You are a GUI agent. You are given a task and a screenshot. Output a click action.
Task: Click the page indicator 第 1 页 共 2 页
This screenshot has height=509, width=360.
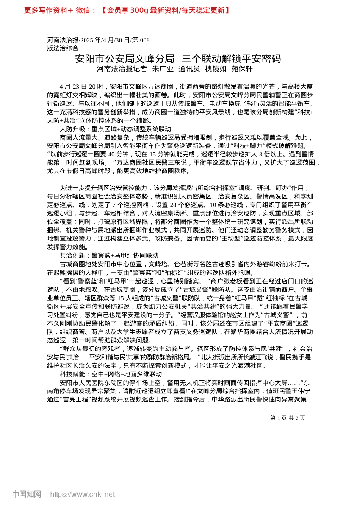click(288, 418)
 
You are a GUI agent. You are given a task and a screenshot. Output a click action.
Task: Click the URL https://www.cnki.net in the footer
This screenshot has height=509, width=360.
click(83, 494)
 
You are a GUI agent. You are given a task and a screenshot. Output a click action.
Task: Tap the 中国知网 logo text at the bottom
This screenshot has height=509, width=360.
click(27, 494)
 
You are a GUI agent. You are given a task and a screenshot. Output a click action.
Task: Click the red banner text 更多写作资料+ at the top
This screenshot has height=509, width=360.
click(48, 10)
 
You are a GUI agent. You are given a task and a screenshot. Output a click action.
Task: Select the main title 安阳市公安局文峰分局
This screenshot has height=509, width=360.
click(125, 59)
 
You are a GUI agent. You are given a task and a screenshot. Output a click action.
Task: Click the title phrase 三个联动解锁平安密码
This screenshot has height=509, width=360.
click(232, 59)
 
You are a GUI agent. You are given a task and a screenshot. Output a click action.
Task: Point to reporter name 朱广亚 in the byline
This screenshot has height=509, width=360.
click(163, 69)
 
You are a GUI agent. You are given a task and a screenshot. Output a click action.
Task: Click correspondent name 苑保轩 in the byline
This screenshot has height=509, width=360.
click(242, 69)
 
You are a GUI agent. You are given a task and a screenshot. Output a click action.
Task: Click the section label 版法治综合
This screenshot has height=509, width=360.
click(63, 48)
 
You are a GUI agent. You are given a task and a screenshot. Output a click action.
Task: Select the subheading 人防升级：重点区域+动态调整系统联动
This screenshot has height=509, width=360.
click(116, 129)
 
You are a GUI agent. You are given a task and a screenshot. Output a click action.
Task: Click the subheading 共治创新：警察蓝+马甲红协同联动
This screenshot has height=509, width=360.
click(109, 256)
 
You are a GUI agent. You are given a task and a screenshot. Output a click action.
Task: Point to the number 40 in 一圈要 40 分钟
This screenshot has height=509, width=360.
click(111, 154)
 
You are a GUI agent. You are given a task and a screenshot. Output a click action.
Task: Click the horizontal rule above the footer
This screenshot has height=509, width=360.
click(180, 472)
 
